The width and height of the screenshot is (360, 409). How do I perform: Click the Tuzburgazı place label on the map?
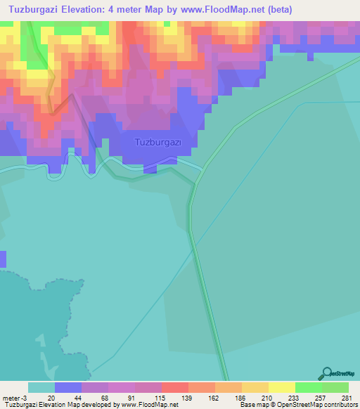pyautogui.click(x=158, y=143)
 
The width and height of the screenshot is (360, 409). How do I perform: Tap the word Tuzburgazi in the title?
pyautogui.click(x=37, y=10)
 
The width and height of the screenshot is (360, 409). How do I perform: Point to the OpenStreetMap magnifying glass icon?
pyautogui.click(x=326, y=372)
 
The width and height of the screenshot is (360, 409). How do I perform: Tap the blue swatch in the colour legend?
pyautogui.click(x=67, y=387)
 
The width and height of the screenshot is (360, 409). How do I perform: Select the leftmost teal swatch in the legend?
pyautogui.click(x=41, y=387)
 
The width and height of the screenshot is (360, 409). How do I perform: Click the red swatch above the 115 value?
pyautogui.click(x=174, y=387)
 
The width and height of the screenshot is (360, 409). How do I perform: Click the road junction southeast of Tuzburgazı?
pyautogui.click(x=203, y=169)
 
